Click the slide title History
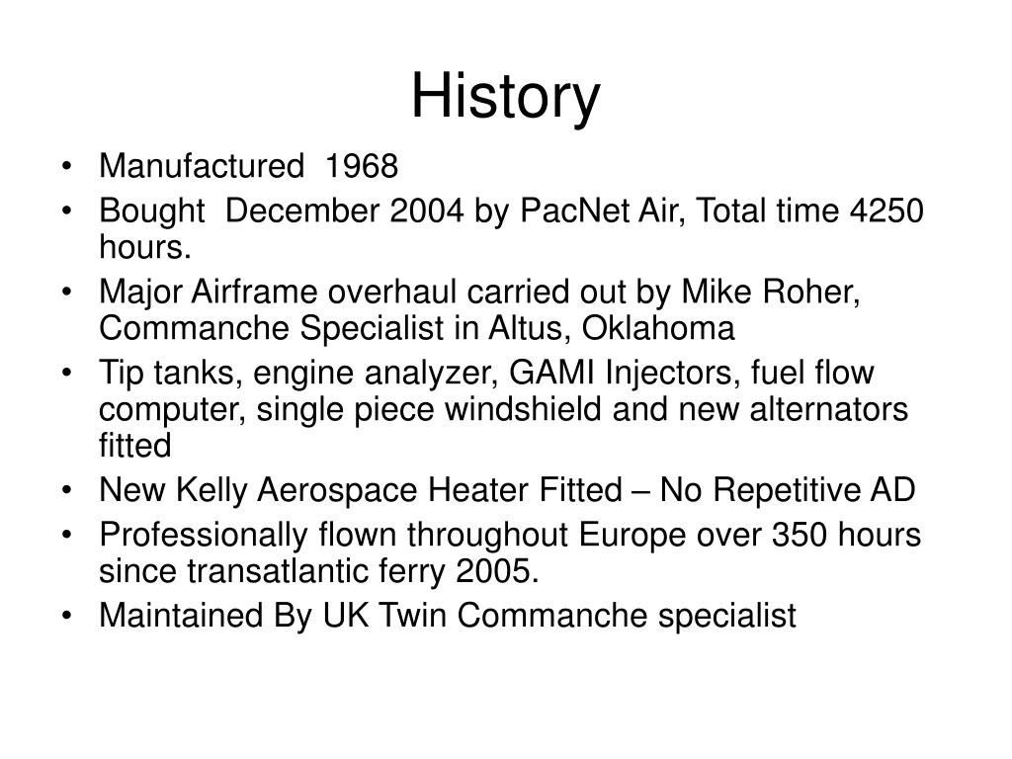point(505,98)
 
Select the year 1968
point(362,166)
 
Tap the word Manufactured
point(202,166)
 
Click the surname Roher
point(811,292)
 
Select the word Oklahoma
point(658,328)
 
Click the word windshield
point(524,408)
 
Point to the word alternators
point(829,408)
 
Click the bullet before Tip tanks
point(66,373)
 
